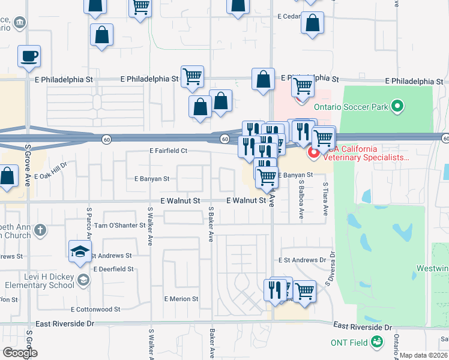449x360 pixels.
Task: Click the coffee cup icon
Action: coord(29,57)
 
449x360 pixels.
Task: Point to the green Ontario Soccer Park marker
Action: coord(396,107)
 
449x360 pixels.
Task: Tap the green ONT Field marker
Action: coord(377,342)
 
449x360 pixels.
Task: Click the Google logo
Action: coord(20,353)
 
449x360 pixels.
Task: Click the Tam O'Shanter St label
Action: coord(119,226)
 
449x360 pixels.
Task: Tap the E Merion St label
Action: coord(181,299)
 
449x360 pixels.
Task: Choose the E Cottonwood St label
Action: coord(95,310)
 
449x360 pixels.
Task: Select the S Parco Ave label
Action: coord(89,221)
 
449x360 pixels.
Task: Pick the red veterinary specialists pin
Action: coord(313,154)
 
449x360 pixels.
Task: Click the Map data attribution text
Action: coord(424,355)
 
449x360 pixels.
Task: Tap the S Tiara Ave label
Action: coord(326,199)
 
